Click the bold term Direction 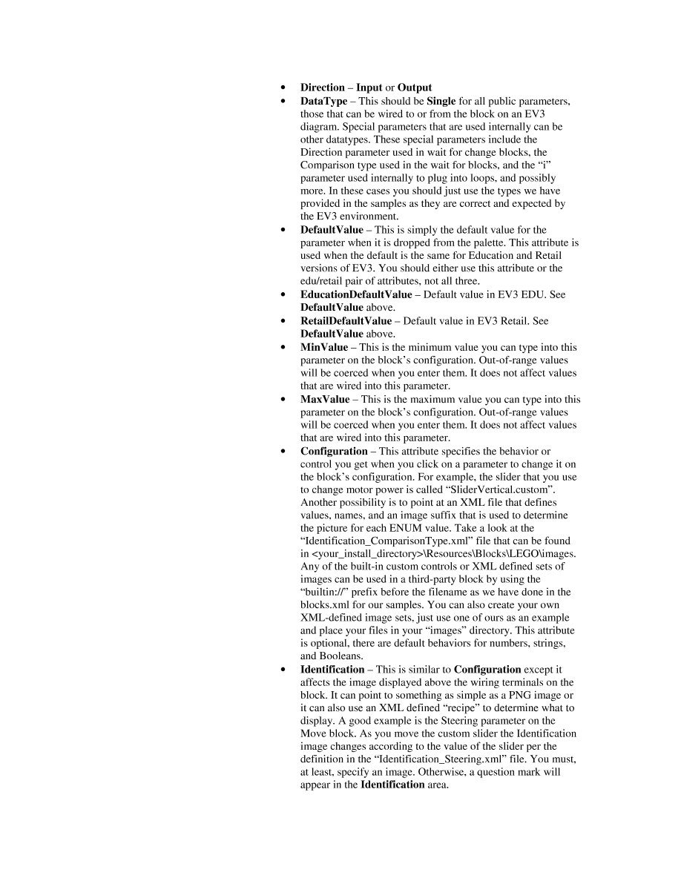click(322, 88)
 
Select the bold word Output click(415, 88)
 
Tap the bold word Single click(441, 100)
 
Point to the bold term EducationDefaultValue click(356, 294)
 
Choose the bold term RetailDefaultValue click(346, 321)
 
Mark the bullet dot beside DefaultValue click(283, 230)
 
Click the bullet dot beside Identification click(283, 669)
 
